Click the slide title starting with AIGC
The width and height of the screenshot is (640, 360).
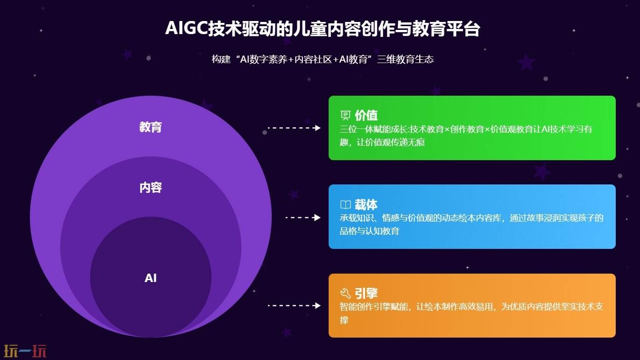(x=322, y=29)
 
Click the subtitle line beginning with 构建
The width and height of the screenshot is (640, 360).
(x=322, y=59)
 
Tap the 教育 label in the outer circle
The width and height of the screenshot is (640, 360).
(x=150, y=127)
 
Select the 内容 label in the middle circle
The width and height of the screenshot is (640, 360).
(x=150, y=188)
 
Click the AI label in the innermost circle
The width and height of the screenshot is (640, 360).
(x=150, y=278)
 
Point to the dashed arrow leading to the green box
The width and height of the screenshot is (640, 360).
(x=294, y=128)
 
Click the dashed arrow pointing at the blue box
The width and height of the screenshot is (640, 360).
(x=303, y=218)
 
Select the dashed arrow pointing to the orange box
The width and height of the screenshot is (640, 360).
(x=294, y=306)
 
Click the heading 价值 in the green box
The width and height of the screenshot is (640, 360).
(x=366, y=115)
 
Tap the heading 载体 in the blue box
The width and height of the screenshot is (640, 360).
(x=366, y=205)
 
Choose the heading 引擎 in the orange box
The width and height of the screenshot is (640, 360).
(x=366, y=293)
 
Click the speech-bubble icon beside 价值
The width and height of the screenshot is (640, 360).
(x=345, y=115)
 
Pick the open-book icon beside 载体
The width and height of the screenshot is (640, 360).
(x=345, y=205)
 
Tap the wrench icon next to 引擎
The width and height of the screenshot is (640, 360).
(x=345, y=293)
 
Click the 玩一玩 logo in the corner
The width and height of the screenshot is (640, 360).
(x=25, y=350)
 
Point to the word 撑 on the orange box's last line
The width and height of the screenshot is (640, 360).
(x=344, y=320)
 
